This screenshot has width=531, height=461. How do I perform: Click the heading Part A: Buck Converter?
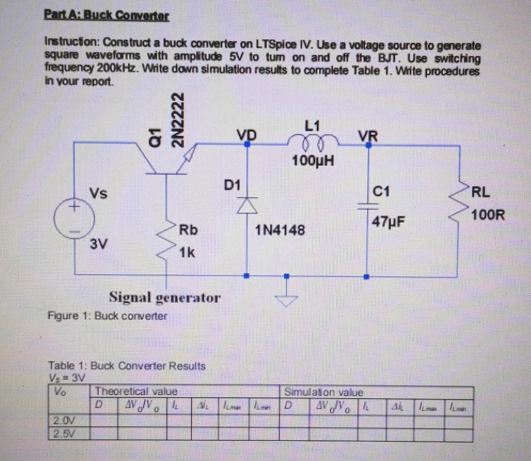pos(107,16)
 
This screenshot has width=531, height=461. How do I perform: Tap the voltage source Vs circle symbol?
pos(74,219)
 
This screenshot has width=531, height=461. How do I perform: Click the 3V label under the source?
pos(99,245)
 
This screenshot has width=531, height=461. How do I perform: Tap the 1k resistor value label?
pos(187,253)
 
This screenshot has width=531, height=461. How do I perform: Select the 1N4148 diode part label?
pos(280,230)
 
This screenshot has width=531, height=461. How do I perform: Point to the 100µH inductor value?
pos(313,161)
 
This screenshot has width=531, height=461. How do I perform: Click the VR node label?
pos(368,136)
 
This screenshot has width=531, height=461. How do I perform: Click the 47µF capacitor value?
pos(388,222)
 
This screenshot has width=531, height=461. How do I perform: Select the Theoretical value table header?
pos(136,391)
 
